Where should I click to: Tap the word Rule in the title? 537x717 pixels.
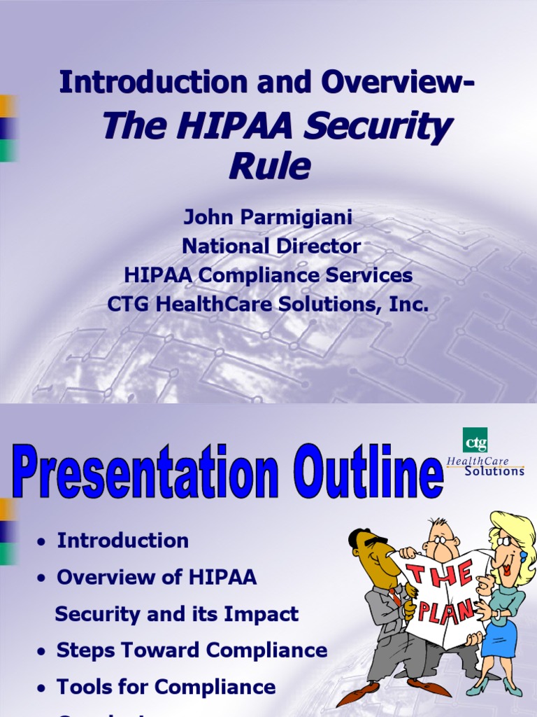[x=270, y=166]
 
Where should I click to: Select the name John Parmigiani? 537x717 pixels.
[x=268, y=218]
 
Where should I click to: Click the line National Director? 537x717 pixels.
[x=271, y=246]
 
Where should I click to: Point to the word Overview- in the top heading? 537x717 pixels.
[x=398, y=83]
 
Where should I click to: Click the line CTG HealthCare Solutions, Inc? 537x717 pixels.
[x=268, y=305]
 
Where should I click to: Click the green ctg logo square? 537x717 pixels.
[x=475, y=440]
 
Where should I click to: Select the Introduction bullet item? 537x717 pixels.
[x=123, y=541]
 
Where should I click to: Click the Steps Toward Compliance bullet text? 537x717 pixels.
[x=192, y=650]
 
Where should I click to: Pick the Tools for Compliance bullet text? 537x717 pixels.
[x=166, y=687]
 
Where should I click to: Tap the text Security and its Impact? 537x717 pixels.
[x=177, y=614]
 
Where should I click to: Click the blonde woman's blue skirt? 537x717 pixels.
[x=500, y=638]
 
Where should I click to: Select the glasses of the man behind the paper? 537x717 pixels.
[x=443, y=540]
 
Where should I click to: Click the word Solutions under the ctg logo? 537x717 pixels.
[x=495, y=471]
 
